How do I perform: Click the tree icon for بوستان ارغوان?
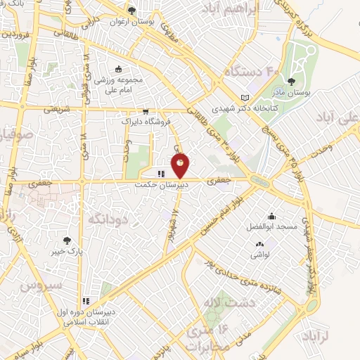(x=131, y=10)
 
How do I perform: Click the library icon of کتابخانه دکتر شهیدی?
(x=245, y=97)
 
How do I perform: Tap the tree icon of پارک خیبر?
(x=67, y=240)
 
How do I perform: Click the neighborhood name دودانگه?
(x=105, y=219)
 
